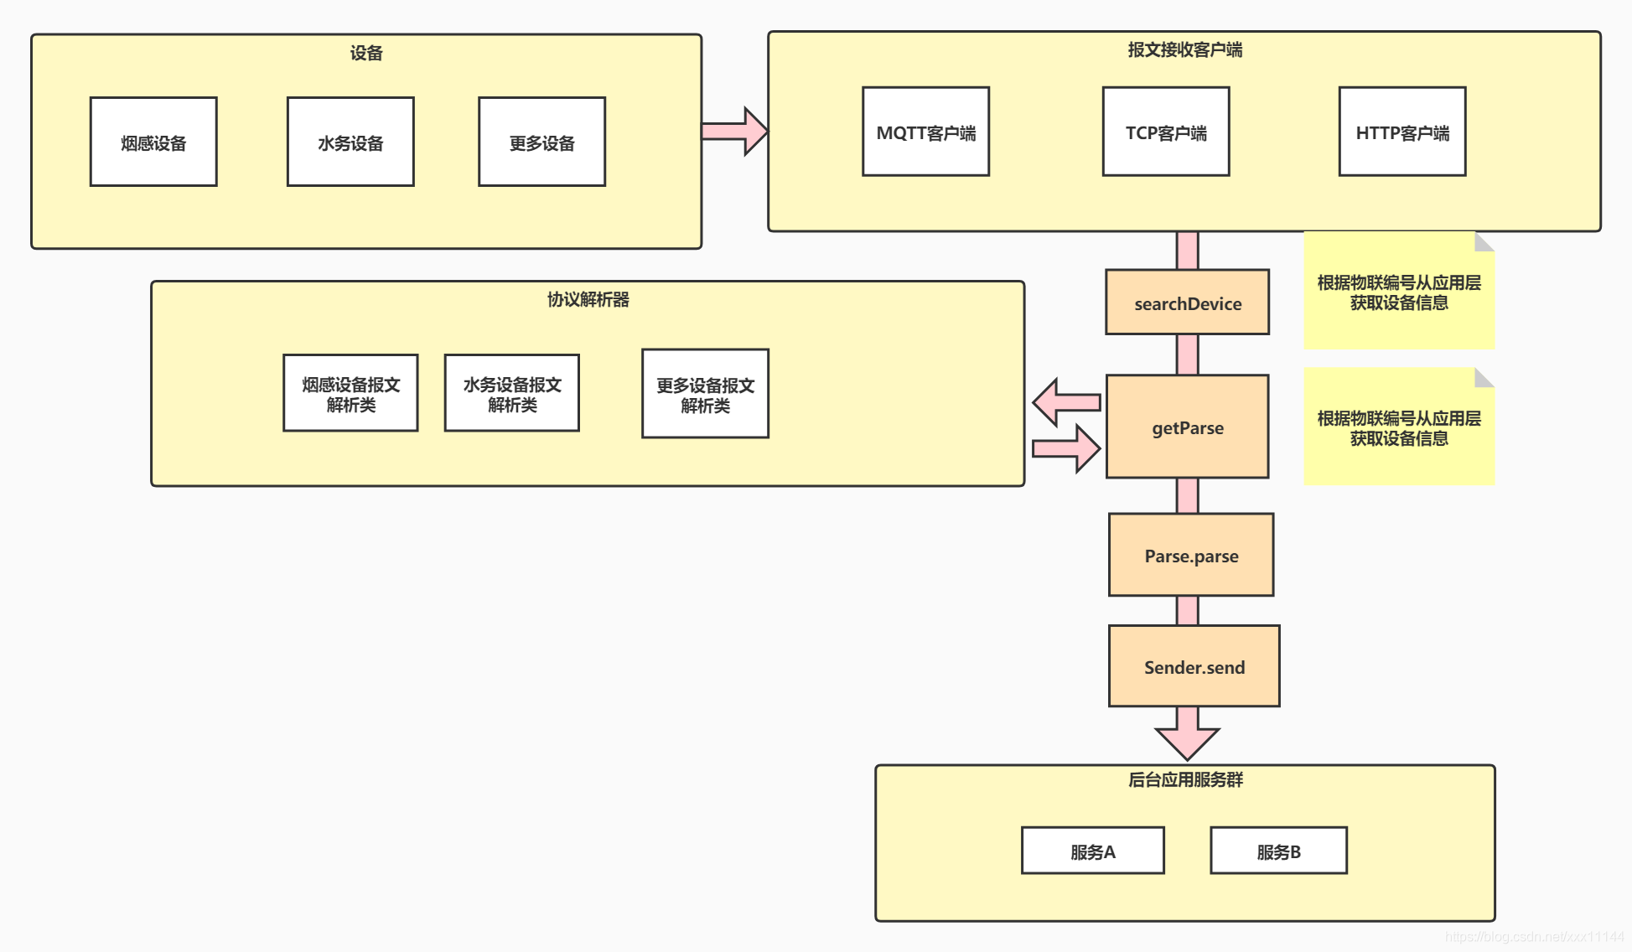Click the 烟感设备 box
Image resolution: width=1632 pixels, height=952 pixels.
[153, 142]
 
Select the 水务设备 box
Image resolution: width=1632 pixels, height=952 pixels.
[350, 142]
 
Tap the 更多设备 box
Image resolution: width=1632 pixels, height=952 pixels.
[541, 142]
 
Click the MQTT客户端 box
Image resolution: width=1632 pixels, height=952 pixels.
[925, 132]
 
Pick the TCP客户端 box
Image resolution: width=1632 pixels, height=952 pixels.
[1165, 132]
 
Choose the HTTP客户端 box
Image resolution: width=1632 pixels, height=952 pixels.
[1401, 132]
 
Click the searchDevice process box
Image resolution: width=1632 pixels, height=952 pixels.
[1187, 303]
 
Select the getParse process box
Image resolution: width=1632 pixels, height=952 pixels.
[1187, 427]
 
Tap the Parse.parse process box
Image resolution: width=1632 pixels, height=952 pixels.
[1190, 555]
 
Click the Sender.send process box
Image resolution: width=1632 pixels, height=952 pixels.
[1194, 666]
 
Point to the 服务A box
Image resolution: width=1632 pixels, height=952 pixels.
[1092, 851]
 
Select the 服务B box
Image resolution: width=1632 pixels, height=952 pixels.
[1278, 851]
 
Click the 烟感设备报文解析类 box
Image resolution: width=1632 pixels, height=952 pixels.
[350, 393]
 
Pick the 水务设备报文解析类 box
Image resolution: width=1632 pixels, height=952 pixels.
[511, 393]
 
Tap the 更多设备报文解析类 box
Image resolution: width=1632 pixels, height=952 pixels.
[705, 394]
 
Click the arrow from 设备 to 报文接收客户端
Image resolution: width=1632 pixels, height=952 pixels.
[734, 132]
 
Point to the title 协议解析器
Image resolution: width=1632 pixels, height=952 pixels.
[588, 299]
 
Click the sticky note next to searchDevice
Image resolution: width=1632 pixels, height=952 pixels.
[1398, 292]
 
